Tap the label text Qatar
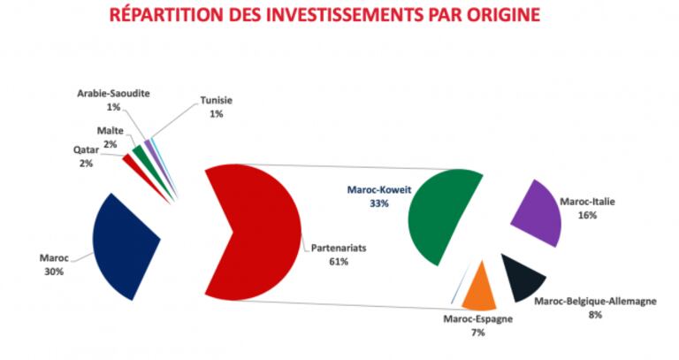point(86,149)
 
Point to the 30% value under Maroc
point(53,272)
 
